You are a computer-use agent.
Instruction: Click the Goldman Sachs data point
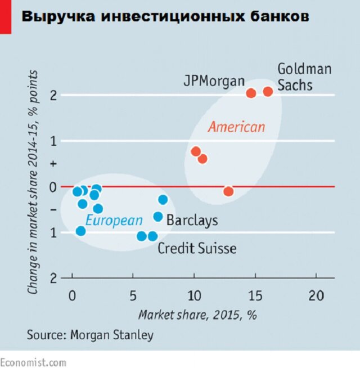pos(268,92)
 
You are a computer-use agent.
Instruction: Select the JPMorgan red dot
pos(251,93)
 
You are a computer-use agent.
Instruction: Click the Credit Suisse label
pos(197,248)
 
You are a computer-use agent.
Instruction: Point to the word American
pos(236,127)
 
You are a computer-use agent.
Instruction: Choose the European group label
pos(114,221)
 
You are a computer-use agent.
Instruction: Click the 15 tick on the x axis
pos(255,296)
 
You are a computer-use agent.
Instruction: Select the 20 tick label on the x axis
pos(316,296)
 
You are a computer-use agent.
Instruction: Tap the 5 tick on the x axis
pos(133,296)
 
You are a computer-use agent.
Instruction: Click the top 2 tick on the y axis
pos(53,95)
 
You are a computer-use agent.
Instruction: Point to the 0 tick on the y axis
pos(53,187)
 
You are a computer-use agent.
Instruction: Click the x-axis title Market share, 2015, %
pos(197,315)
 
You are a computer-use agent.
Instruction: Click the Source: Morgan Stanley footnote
pos(90,335)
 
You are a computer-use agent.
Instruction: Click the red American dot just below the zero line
pos(228,191)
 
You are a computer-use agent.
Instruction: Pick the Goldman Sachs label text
pos(304,77)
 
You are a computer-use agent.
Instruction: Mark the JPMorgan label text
pos(214,80)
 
